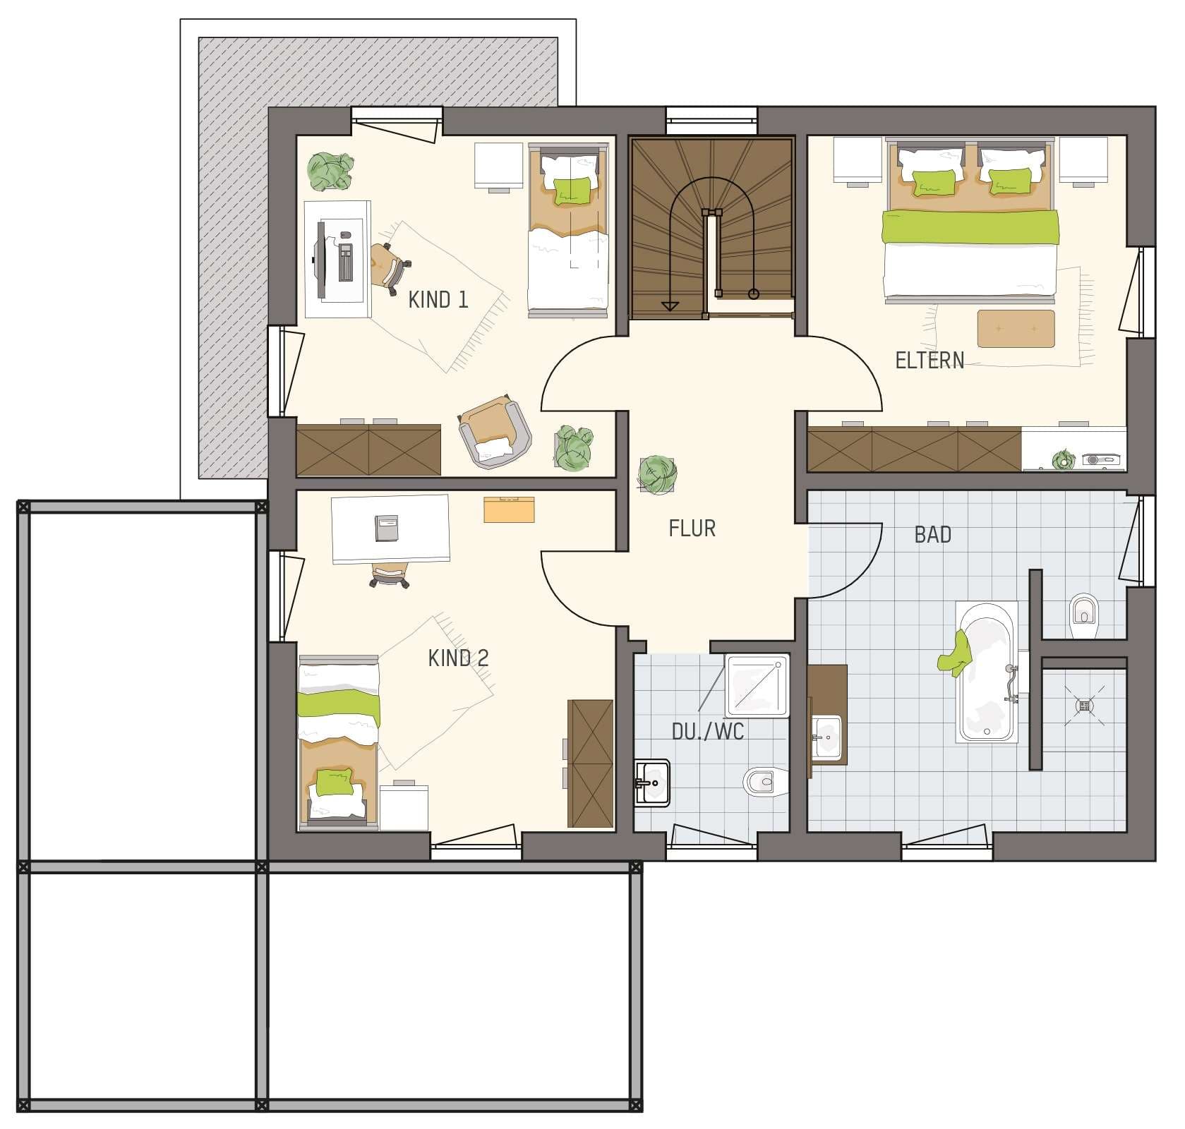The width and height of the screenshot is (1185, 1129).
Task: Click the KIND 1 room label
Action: point(438,300)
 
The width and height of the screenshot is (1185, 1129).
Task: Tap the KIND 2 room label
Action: point(458,658)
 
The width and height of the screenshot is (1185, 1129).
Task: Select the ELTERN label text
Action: point(929,361)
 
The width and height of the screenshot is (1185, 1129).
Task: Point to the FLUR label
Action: point(692,529)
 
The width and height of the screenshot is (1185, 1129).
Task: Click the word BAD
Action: point(932,535)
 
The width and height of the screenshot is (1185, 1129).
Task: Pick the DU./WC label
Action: point(707,732)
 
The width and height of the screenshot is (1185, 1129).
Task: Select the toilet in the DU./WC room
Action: point(762,782)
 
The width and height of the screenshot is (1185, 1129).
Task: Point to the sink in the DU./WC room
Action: point(651,783)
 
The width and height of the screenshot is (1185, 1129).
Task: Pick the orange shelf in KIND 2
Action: point(508,509)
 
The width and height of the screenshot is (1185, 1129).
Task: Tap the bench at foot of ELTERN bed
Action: point(1016,329)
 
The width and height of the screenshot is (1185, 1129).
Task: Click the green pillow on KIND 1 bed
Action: point(572,191)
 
